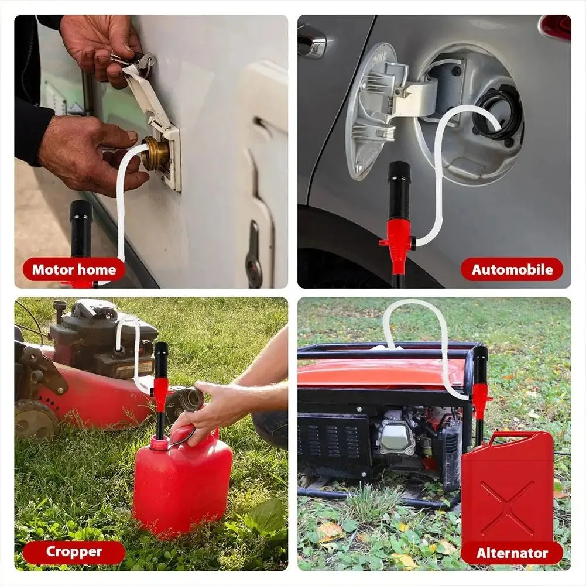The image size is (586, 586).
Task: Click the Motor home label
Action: (74, 270)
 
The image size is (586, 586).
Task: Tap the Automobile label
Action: (512, 270)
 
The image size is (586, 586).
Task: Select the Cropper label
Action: (74, 551)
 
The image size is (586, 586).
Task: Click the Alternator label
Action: (512, 553)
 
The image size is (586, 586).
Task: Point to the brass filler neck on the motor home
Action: (155, 154)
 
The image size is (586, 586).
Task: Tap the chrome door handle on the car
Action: (311, 42)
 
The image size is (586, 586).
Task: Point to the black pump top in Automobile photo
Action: (399, 187)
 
